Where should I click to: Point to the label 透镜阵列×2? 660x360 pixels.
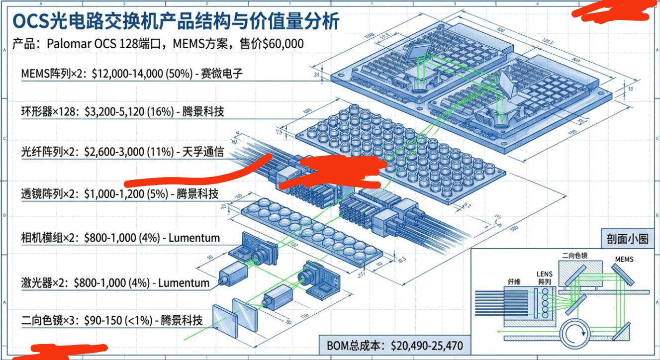point(49,194)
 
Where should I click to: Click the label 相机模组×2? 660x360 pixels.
point(49,238)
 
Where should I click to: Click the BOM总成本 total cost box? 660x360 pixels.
point(394,346)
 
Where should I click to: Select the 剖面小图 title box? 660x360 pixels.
point(627,239)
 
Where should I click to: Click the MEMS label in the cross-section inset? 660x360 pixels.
point(624,259)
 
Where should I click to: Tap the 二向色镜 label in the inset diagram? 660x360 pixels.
point(574,256)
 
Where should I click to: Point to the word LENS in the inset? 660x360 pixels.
point(545,273)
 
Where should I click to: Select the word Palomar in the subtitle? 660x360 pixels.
point(70,44)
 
